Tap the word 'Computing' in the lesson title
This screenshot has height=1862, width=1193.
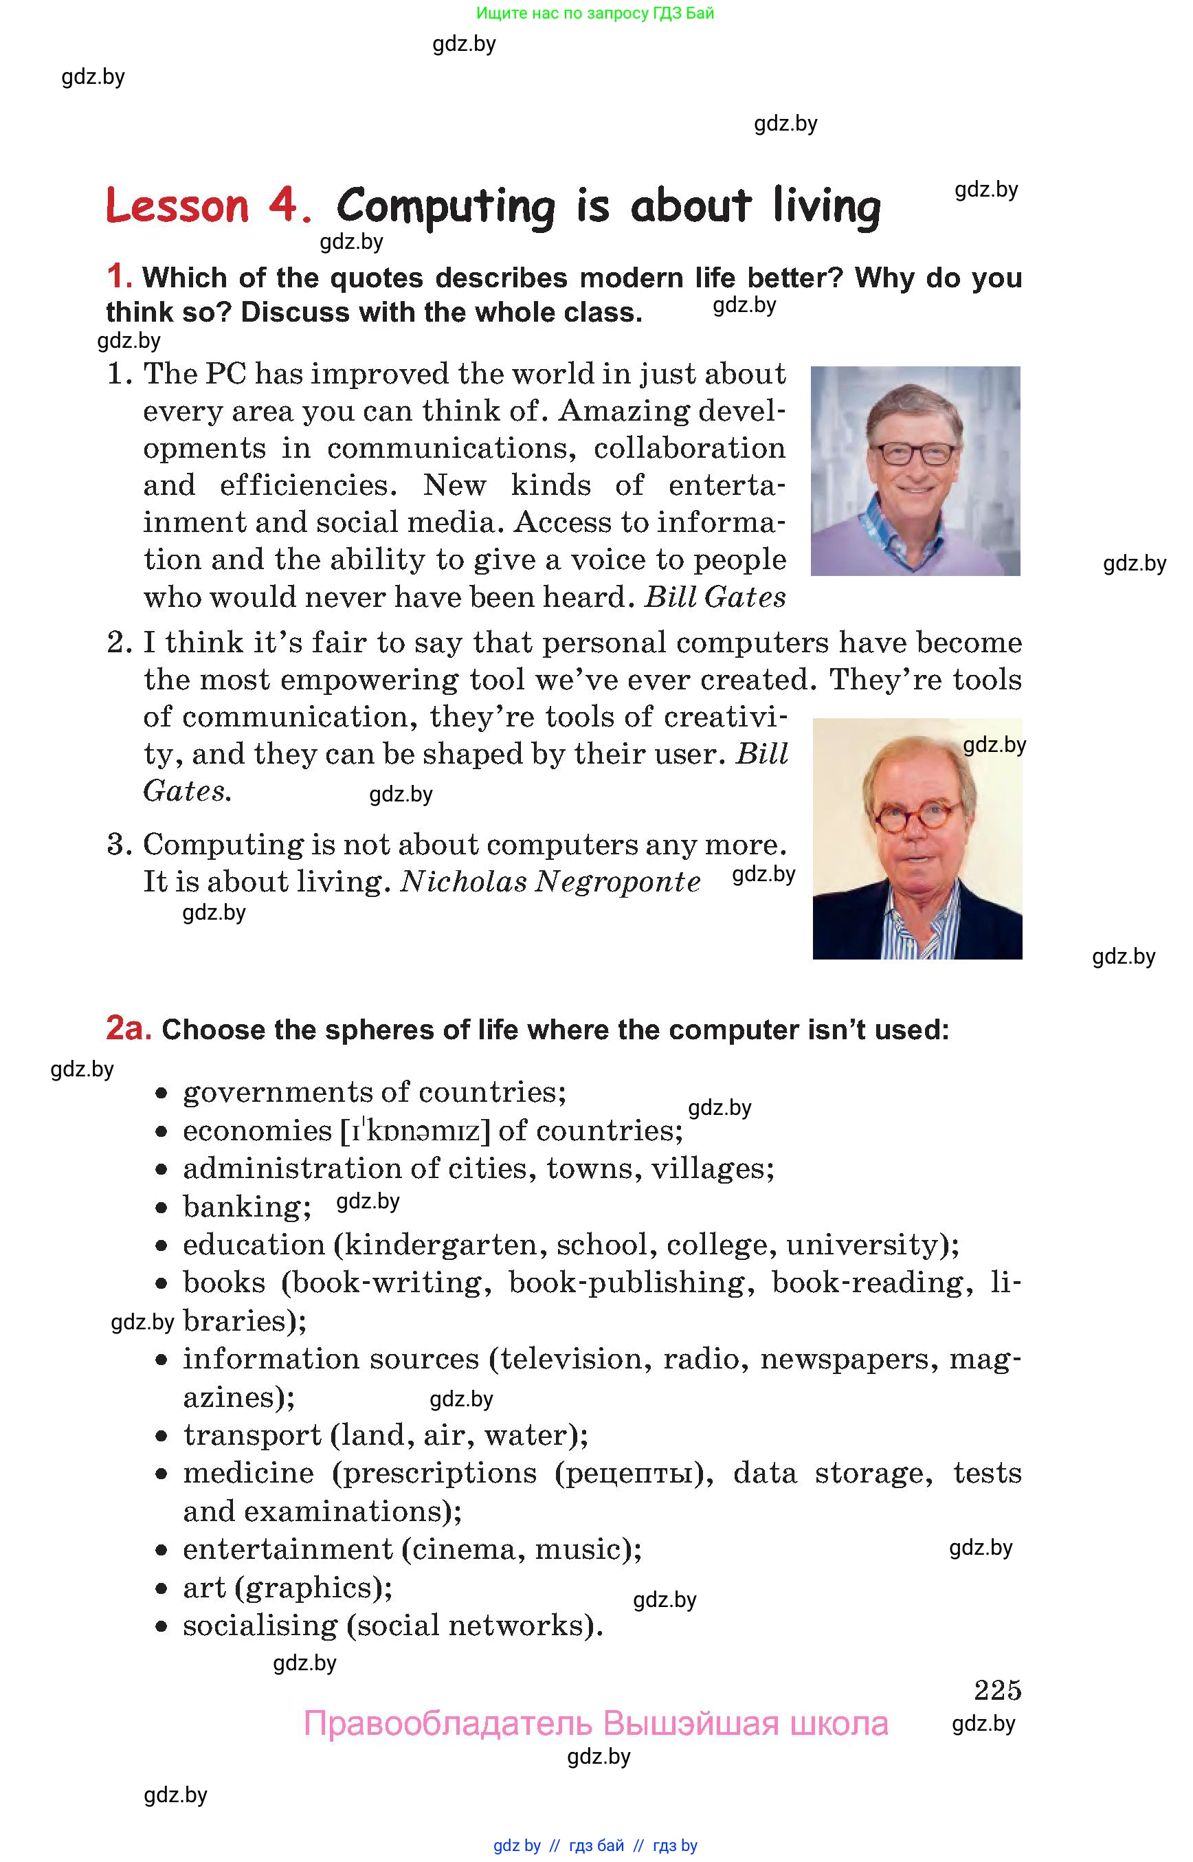click(x=445, y=207)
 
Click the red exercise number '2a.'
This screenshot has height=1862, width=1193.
click(x=128, y=1028)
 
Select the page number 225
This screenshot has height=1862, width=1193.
click(x=997, y=1689)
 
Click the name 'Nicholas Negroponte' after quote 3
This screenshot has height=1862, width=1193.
click(x=550, y=882)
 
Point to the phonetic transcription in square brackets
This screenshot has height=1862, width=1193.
click(x=416, y=1131)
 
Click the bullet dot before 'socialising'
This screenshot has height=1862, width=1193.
click(x=161, y=1626)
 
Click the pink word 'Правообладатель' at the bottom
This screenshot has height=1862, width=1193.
click(x=448, y=1724)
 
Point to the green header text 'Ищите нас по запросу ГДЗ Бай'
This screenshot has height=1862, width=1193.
click(x=595, y=13)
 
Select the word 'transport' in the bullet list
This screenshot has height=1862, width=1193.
click(x=252, y=1435)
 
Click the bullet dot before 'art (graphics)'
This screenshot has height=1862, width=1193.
click(x=161, y=1588)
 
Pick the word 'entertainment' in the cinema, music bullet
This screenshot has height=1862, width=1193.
click(x=287, y=1550)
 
